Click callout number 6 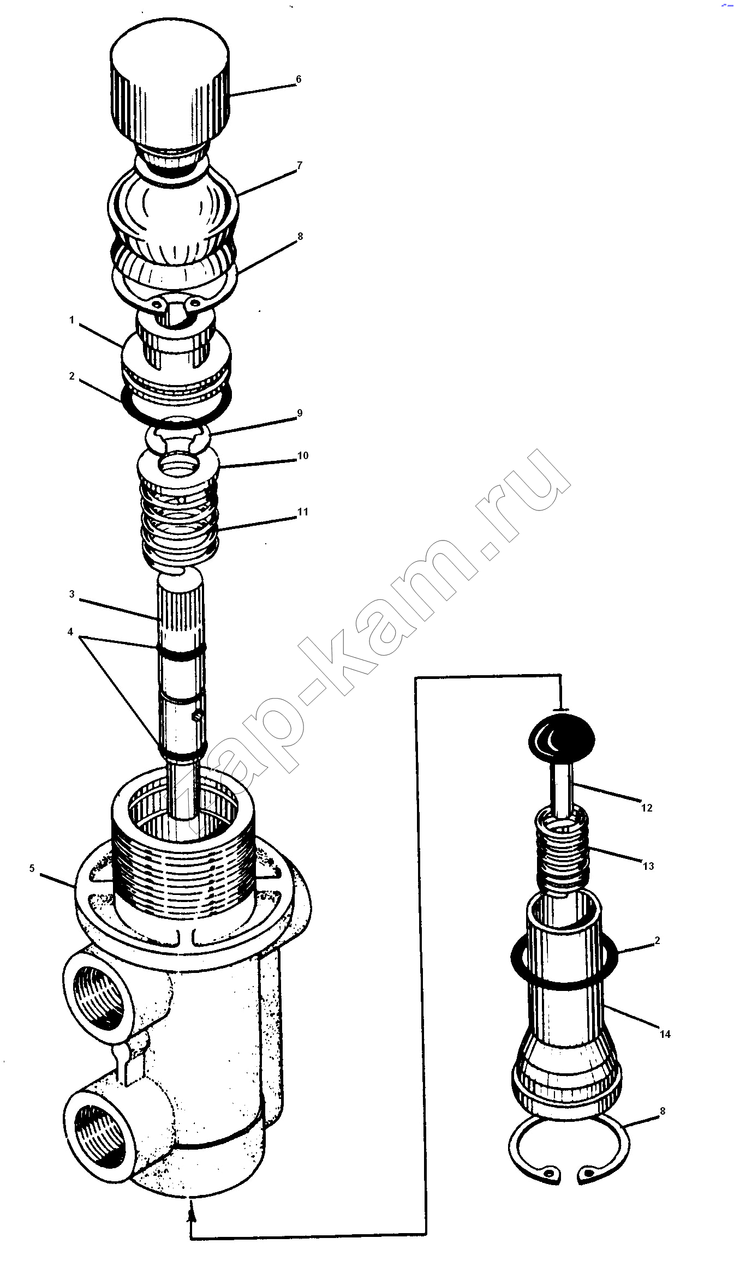pyautogui.click(x=299, y=80)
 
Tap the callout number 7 pyautogui.click(x=299, y=165)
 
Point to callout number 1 pyautogui.click(x=71, y=320)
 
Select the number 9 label pyautogui.click(x=300, y=413)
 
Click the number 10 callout pyautogui.click(x=303, y=455)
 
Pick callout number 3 pyautogui.click(x=71, y=594)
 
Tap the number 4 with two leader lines pyautogui.click(x=70, y=632)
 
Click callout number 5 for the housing pyautogui.click(x=32, y=868)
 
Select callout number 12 pyautogui.click(x=647, y=808)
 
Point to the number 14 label pyautogui.click(x=665, y=1033)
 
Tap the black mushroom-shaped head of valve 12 pyautogui.click(x=561, y=741)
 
